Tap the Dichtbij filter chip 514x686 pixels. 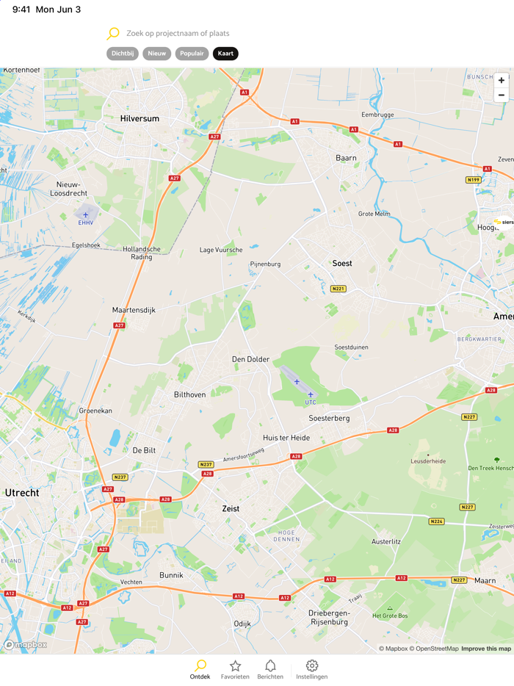click(123, 54)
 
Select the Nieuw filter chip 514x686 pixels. click(157, 54)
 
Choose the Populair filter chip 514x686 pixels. click(192, 54)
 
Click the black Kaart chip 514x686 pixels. click(225, 54)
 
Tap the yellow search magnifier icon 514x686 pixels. click(113, 33)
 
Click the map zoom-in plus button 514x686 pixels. click(502, 80)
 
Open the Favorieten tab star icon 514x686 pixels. click(235, 666)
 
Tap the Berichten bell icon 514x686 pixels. click(270, 666)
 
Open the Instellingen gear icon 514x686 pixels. click(312, 666)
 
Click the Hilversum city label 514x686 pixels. click(140, 118)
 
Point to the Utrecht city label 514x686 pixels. click(22, 493)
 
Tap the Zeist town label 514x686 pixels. click(231, 508)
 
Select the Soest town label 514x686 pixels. click(342, 263)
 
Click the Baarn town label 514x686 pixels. click(346, 158)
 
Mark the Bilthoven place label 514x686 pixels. click(189, 394)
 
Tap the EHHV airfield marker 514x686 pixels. click(85, 215)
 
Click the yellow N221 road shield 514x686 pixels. click(338, 289)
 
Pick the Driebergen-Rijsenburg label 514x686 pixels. click(329, 617)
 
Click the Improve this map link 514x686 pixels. click(486, 649)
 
